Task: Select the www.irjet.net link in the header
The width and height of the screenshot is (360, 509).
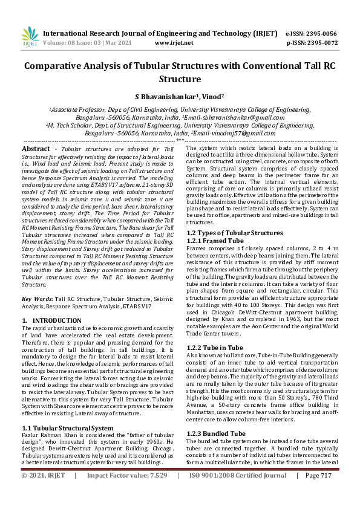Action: coord(174,44)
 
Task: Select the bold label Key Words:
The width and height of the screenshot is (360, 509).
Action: coord(39,299)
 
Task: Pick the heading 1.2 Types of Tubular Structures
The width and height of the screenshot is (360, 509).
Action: coord(234,233)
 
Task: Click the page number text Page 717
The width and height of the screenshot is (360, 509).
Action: coord(319,493)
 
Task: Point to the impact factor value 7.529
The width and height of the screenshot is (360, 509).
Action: coord(155,493)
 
